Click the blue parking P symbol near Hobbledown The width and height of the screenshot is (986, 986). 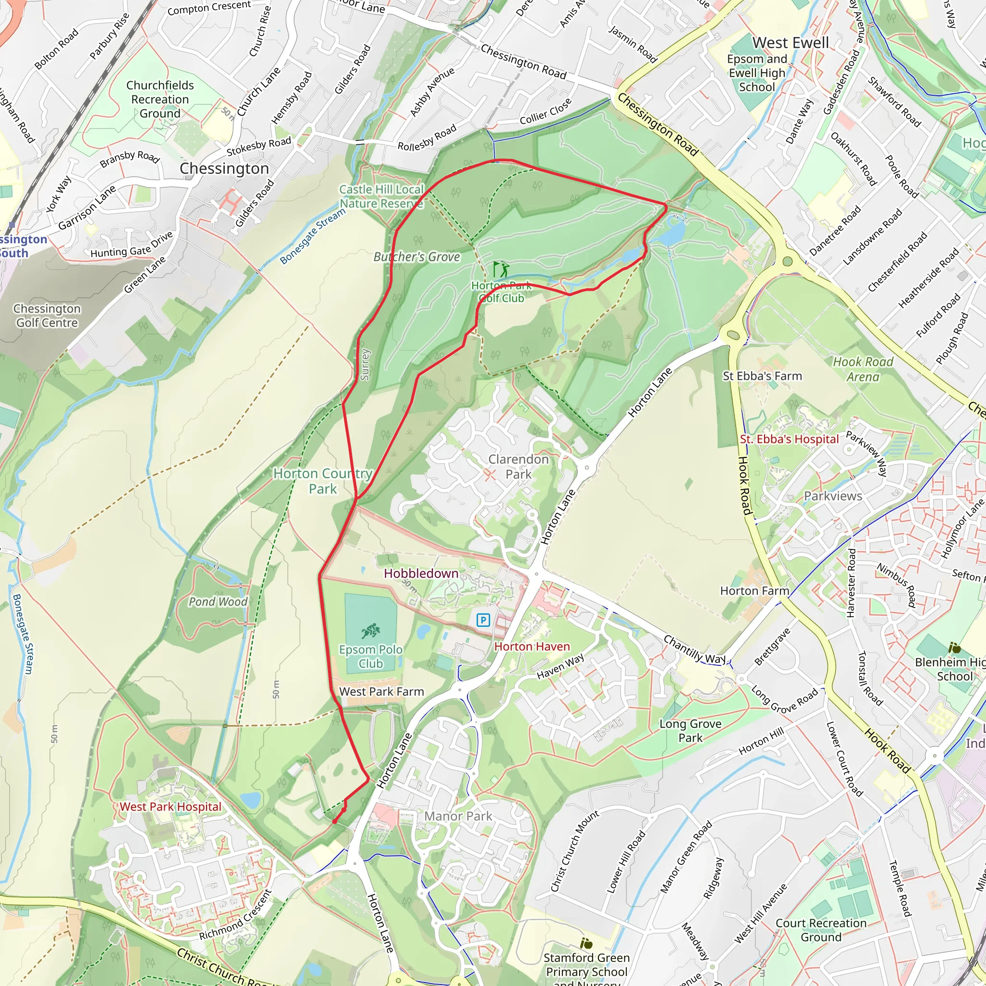(x=483, y=621)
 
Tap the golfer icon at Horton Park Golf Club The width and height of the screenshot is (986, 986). (x=501, y=269)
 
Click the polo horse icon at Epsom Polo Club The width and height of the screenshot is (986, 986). (x=371, y=631)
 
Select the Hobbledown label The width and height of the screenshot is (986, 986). (x=421, y=573)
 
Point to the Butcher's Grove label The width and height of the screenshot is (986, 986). (x=416, y=257)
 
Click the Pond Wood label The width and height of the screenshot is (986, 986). (x=218, y=602)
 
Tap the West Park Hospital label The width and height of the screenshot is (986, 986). (x=170, y=807)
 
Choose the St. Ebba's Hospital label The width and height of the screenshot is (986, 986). (x=789, y=440)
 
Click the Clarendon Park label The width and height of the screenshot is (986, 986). (x=518, y=467)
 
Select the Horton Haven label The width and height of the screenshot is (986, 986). (x=532, y=647)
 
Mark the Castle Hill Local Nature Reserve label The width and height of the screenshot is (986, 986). (x=381, y=196)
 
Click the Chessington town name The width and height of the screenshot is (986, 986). (x=224, y=169)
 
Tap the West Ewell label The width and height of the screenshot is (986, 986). (x=791, y=43)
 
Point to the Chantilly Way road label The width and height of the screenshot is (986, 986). (x=695, y=649)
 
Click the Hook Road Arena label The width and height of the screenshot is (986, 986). (x=862, y=369)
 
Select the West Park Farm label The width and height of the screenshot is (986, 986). (x=381, y=691)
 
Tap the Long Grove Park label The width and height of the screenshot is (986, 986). (x=690, y=730)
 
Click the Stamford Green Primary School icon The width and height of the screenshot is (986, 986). (x=586, y=944)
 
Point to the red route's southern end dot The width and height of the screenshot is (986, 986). (x=334, y=822)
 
